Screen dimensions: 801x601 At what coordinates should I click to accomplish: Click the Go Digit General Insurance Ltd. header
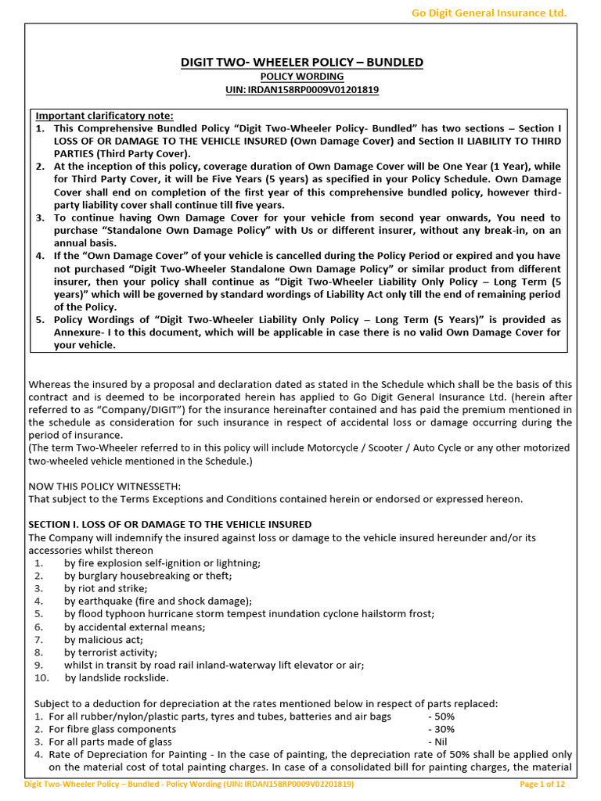coord(488,12)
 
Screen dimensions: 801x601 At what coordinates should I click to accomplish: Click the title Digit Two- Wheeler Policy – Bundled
coord(301,62)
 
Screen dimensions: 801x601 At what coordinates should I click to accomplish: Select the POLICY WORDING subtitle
coord(301,77)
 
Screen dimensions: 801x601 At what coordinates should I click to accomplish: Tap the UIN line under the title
coord(301,90)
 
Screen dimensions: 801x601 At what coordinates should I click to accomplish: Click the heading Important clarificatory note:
coord(105,116)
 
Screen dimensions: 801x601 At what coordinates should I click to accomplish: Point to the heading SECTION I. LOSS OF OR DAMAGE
coord(170,524)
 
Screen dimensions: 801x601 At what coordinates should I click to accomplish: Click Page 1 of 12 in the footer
coord(542,784)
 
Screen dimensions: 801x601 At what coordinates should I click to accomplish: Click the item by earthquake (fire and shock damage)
coord(158,601)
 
